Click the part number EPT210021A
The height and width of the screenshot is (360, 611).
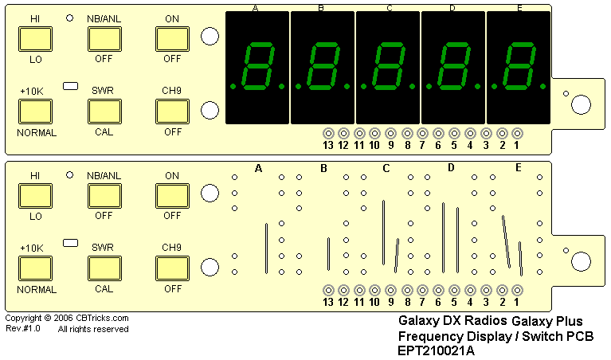tap(436, 350)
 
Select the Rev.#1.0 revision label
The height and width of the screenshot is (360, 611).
tap(23, 328)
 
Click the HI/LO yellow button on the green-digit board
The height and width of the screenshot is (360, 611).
tap(34, 38)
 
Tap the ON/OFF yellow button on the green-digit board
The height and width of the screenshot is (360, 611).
tap(171, 38)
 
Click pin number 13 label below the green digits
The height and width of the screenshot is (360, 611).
tap(327, 146)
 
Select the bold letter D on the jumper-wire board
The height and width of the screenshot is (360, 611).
tap(451, 167)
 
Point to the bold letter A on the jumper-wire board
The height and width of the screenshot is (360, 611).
tap(258, 167)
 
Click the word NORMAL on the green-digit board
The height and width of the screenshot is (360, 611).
tap(37, 133)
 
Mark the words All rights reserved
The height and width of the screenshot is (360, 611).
tap(93, 328)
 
